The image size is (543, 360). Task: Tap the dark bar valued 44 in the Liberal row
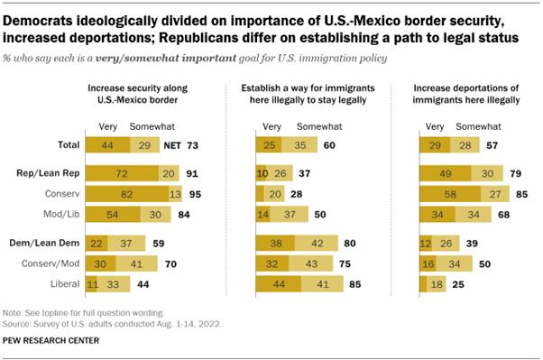click(x=281, y=284)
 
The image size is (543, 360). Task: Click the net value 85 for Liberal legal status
click(x=355, y=284)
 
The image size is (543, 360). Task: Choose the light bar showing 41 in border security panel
click(x=135, y=263)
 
